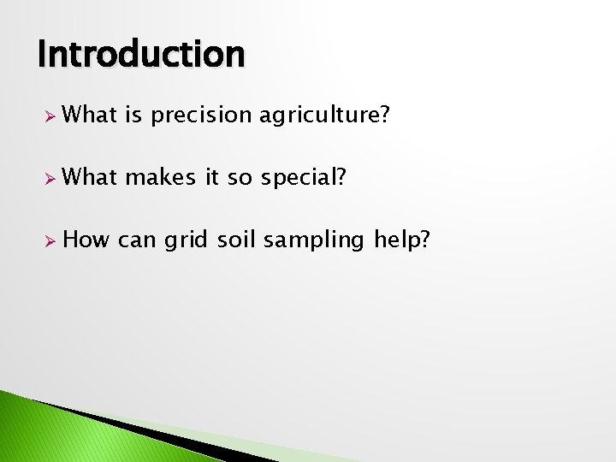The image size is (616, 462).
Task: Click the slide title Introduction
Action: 141,54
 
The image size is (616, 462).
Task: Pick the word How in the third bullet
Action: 86,240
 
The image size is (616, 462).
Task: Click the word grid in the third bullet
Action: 187,240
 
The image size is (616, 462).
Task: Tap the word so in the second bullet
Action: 243,177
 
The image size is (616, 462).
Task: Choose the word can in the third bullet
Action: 137,240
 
